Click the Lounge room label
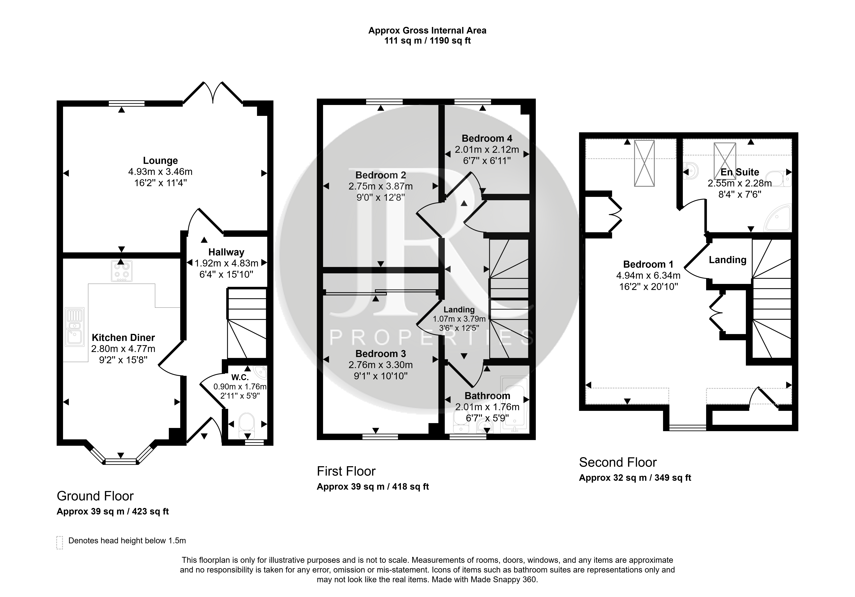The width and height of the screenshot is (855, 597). [160, 161]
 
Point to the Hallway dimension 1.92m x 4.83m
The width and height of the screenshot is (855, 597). [226, 263]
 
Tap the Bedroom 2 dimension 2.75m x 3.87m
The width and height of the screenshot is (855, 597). [381, 186]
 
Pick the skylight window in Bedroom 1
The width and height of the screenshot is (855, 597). [644, 163]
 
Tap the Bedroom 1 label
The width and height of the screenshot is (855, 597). [648, 264]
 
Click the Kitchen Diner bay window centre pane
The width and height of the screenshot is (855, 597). [121, 462]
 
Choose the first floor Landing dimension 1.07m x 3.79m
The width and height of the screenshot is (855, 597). [459, 319]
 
